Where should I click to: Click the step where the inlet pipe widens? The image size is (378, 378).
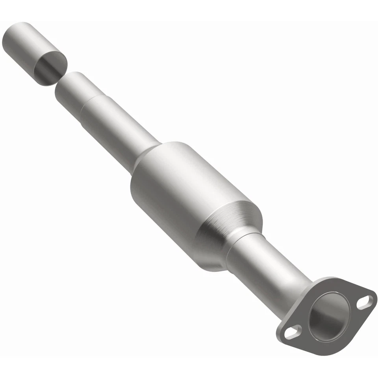pos(85,104)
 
